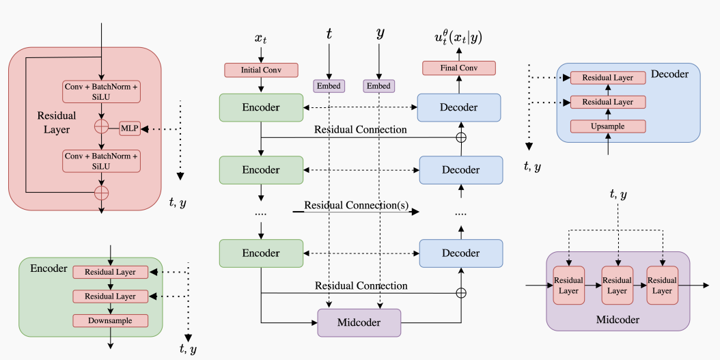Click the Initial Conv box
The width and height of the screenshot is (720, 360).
262,70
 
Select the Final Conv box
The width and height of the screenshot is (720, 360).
458,68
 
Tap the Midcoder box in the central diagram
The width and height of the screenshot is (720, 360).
359,322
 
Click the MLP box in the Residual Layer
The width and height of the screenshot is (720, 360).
130,127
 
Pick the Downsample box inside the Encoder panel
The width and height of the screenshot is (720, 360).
111,320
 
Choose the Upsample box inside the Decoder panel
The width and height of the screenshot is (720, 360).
608,126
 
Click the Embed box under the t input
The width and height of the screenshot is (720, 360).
329,86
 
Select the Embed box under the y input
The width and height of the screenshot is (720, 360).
378,86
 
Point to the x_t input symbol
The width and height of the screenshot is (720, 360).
261,38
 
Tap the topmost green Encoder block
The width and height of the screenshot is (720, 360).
261,107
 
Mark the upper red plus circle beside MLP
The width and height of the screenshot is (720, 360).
101,127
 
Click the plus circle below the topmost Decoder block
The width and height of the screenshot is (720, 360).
461,137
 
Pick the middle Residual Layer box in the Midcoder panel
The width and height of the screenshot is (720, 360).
617,286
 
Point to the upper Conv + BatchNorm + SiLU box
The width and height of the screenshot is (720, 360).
101,92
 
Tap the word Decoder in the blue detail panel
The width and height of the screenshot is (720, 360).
669,73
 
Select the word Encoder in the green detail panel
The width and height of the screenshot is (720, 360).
49,268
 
